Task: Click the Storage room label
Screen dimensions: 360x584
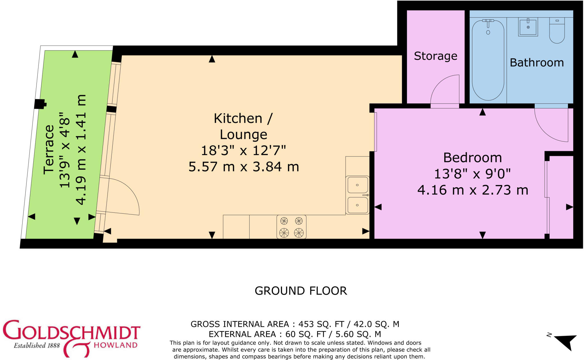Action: point(435,56)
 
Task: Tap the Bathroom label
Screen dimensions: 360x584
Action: point(537,63)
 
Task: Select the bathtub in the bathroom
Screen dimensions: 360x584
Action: point(488,60)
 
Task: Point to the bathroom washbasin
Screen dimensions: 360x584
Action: point(528,27)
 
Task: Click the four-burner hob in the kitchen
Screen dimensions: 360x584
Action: point(291,227)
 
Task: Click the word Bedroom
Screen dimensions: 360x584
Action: point(473,158)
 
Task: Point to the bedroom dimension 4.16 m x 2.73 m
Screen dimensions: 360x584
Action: point(473,190)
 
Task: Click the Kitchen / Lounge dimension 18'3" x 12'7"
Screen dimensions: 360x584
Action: point(243,150)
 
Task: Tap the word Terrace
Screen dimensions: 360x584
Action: point(49,149)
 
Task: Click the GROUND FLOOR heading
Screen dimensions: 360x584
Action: point(301,291)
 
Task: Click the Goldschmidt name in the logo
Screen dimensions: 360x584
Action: point(71,332)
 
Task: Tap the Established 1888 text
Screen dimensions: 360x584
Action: point(37,346)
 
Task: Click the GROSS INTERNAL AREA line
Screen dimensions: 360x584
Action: point(295,324)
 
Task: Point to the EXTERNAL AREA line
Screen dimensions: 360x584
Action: point(295,334)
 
